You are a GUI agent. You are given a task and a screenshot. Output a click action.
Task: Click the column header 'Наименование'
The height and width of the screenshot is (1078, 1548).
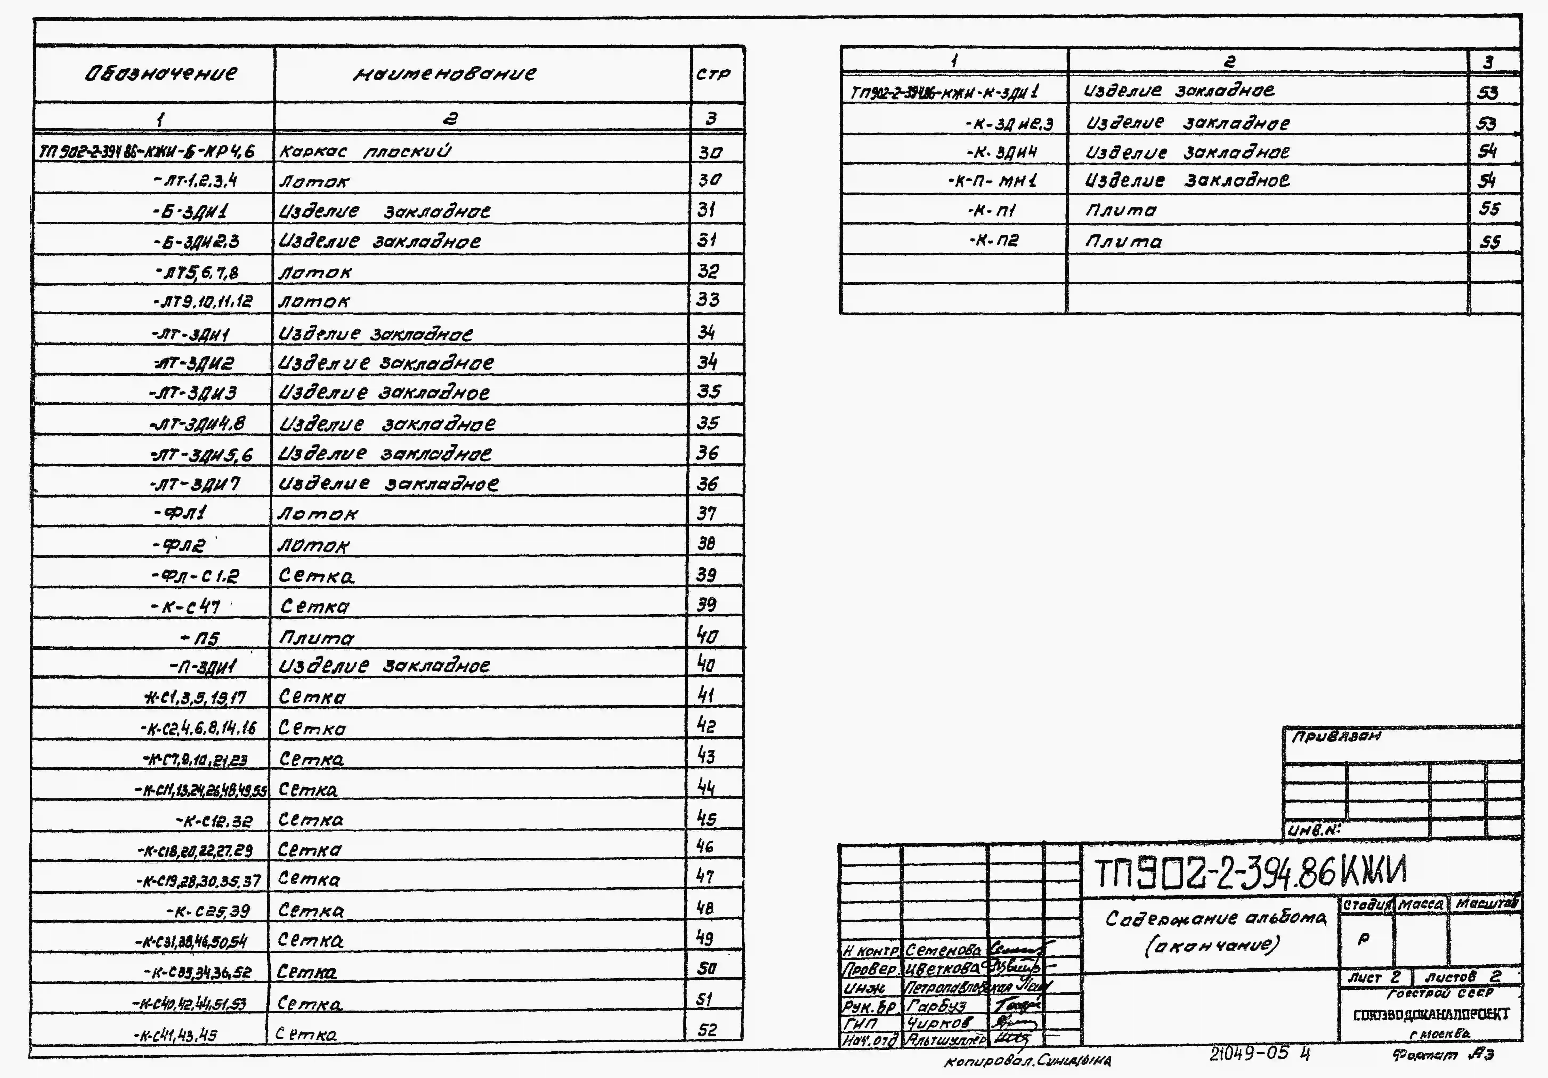point(445,74)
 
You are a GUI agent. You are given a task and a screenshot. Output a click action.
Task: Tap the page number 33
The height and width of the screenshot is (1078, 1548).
point(708,299)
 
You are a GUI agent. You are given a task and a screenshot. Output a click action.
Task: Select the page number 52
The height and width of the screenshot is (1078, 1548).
point(707,1030)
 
